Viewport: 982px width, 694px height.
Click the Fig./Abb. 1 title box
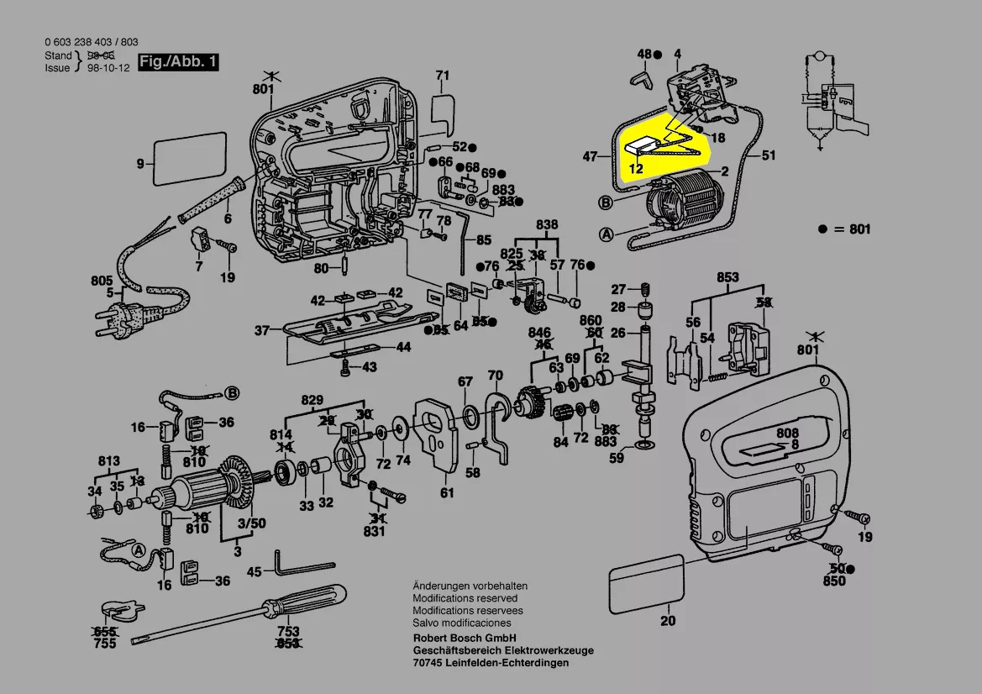[179, 62]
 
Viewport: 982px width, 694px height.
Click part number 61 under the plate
[447, 492]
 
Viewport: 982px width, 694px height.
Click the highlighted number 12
[636, 168]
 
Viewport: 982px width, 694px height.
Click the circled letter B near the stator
[605, 202]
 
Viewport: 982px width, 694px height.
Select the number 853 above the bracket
[727, 278]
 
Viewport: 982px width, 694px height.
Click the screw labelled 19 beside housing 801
[859, 518]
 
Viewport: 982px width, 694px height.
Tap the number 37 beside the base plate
[262, 330]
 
